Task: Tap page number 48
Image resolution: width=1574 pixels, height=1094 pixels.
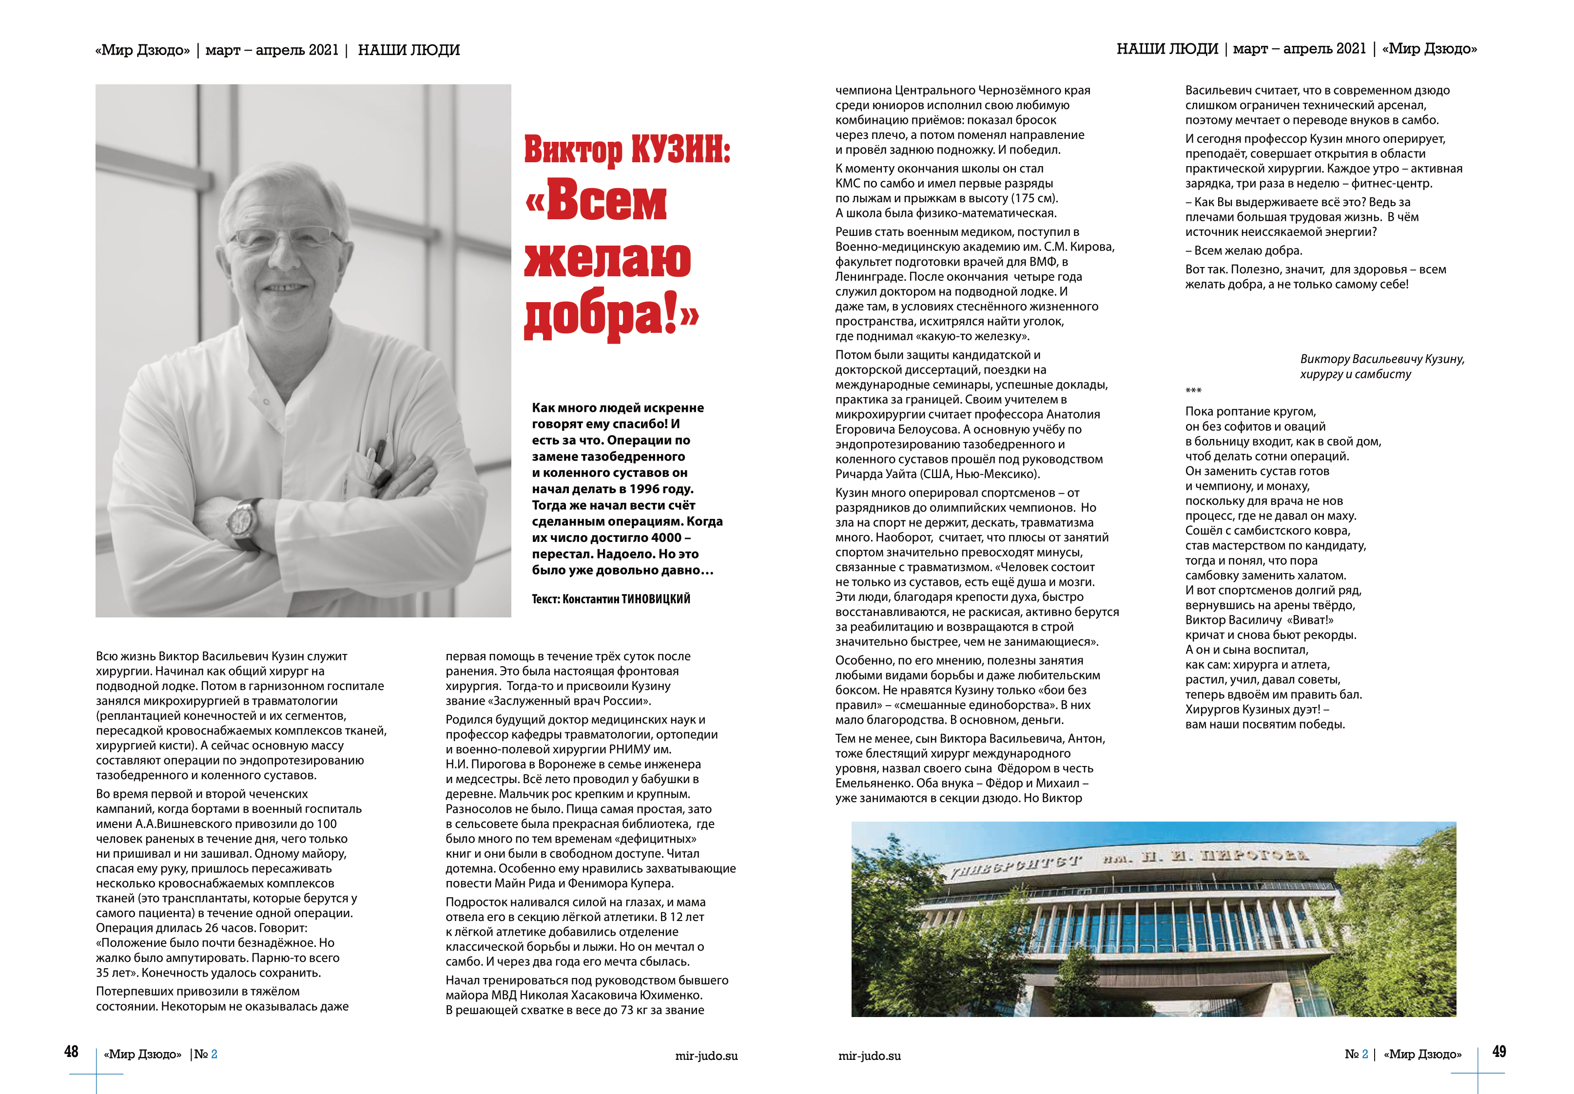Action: (71, 1052)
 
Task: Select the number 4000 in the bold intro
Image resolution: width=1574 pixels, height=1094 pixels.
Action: (666, 537)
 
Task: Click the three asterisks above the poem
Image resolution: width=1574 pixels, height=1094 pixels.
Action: (1193, 391)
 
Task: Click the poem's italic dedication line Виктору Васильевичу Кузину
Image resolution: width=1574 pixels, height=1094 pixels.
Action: (1381, 359)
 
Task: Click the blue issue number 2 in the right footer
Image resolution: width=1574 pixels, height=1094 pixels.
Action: (1365, 1054)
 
